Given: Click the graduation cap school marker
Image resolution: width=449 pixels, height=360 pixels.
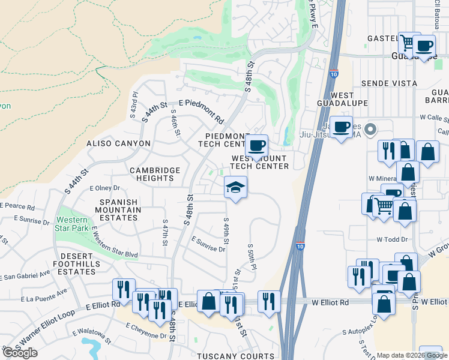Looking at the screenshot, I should coord(236,188).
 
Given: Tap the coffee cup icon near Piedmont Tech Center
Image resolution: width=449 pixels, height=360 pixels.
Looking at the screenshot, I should coord(256,145).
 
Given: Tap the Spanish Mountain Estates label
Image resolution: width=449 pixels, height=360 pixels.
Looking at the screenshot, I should coord(118,210).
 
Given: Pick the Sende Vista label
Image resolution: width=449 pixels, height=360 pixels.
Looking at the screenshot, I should coord(388,84).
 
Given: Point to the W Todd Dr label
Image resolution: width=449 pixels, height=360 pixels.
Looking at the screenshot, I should coord(392,239).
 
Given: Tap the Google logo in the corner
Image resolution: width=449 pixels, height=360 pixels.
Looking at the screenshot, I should coord(20,353).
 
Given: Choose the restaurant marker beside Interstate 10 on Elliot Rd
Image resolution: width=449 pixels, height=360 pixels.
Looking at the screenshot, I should coord(268,301).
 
